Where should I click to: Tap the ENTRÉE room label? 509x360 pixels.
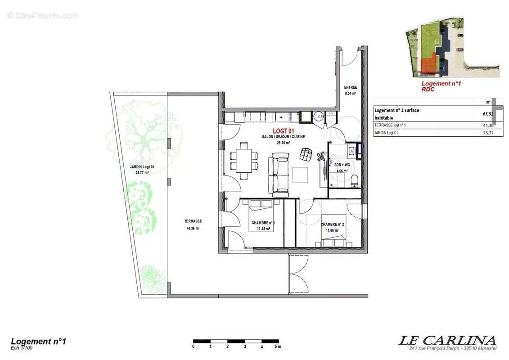(x=350, y=87)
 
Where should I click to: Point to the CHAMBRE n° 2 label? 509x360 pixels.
(x=332, y=224)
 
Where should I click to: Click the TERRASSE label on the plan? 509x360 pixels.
(x=193, y=221)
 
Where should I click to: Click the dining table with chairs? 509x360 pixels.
(x=243, y=160)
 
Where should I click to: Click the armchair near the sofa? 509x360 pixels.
(x=306, y=154)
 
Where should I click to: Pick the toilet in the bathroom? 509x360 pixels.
(x=355, y=181)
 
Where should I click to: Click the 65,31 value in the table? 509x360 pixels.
(x=483, y=114)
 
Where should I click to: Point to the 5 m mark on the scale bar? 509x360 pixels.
(x=278, y=346)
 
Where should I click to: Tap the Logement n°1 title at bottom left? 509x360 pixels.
(x=38, y=342)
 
